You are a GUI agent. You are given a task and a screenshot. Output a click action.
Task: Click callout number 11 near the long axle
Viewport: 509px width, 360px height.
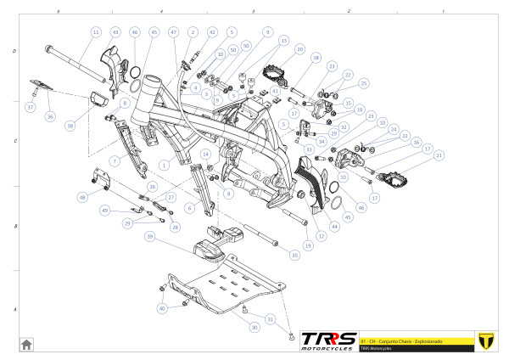click(95, 31)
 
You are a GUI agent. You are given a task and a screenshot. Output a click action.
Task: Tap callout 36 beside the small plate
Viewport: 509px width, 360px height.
click(49, 116)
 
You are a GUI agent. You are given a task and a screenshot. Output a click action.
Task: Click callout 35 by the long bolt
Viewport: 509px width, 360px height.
click(294, 254)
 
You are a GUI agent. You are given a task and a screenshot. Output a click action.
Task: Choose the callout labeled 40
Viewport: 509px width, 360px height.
click(162, 309)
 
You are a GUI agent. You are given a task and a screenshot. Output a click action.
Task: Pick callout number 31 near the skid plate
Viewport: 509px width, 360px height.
click(271, 318)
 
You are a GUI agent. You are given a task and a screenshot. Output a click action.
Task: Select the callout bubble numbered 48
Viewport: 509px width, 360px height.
click(83, 197)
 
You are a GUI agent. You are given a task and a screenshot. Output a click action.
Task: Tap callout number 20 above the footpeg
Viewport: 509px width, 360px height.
click(299, 50)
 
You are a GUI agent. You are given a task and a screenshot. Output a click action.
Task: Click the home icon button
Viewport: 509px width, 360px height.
click(26, 344)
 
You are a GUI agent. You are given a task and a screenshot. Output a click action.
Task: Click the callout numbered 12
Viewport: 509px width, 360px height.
click(321, 235)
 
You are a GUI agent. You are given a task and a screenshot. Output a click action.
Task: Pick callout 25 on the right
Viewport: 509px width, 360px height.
click(364, 83)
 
